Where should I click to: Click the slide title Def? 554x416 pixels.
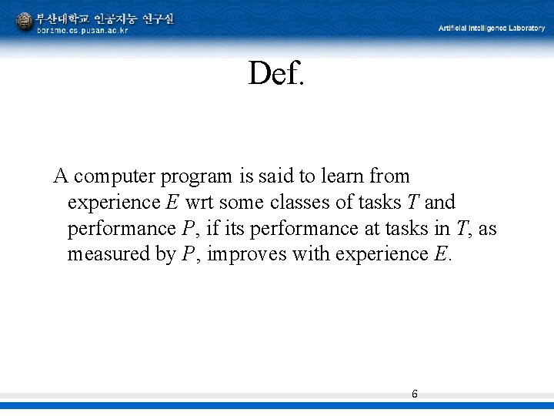pos(276,74)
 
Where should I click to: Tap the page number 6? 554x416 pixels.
pos(415,394)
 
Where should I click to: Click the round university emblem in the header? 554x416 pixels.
pos(25,22)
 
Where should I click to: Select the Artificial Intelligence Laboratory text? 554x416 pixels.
pos(492,28)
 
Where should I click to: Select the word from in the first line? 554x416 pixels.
pos(389,176)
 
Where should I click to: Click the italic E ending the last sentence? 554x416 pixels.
pos(439,254)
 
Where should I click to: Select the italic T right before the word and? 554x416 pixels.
pos(412,203)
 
